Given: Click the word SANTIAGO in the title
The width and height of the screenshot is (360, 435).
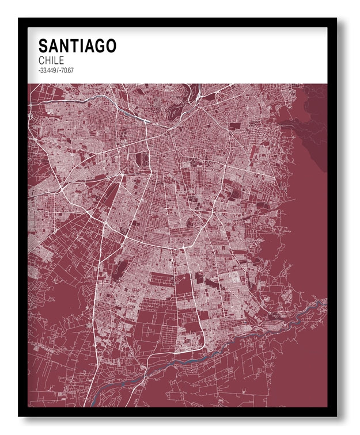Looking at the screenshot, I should pyautogui.click(x=77, y=46).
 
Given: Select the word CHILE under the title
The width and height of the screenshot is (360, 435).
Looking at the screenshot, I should pyautogui.click(x=51, y=60).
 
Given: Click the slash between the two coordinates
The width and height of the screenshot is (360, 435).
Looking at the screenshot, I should pyautogui.click(x=58, y=71).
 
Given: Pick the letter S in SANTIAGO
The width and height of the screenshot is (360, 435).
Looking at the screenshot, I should pyautogui.click(x=43, y=46).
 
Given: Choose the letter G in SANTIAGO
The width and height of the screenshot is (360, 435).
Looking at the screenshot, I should pyautogui.click(x=98, y=46).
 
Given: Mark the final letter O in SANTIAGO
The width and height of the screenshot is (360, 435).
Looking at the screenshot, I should pyautogui.click(x=111, y=46).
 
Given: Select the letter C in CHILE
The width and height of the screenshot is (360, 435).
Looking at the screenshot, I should pyautogui.click(x=41, y=60).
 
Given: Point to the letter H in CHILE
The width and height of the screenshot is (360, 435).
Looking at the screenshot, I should pyautogui.click(x=48, y=60).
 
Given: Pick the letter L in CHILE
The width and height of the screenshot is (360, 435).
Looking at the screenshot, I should pyautogui.click(x=56, y=60).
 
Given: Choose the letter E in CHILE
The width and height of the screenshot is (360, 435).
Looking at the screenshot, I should pyautogui.click(x=61, y=60).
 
